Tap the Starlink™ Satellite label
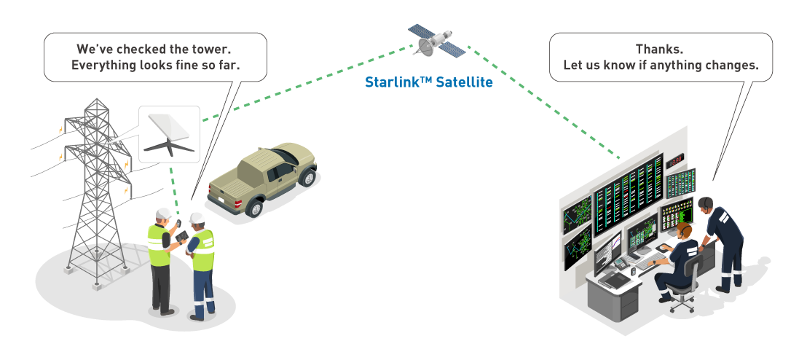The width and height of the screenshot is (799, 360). pyautogui.click(x=429, y=82)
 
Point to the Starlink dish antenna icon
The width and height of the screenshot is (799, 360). pyautogui.click(x=169, y=135)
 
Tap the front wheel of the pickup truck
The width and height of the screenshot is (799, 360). pyautogui.click(x=254, y=207)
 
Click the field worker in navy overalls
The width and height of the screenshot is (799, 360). pyautogui.click(x=201, y=266)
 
